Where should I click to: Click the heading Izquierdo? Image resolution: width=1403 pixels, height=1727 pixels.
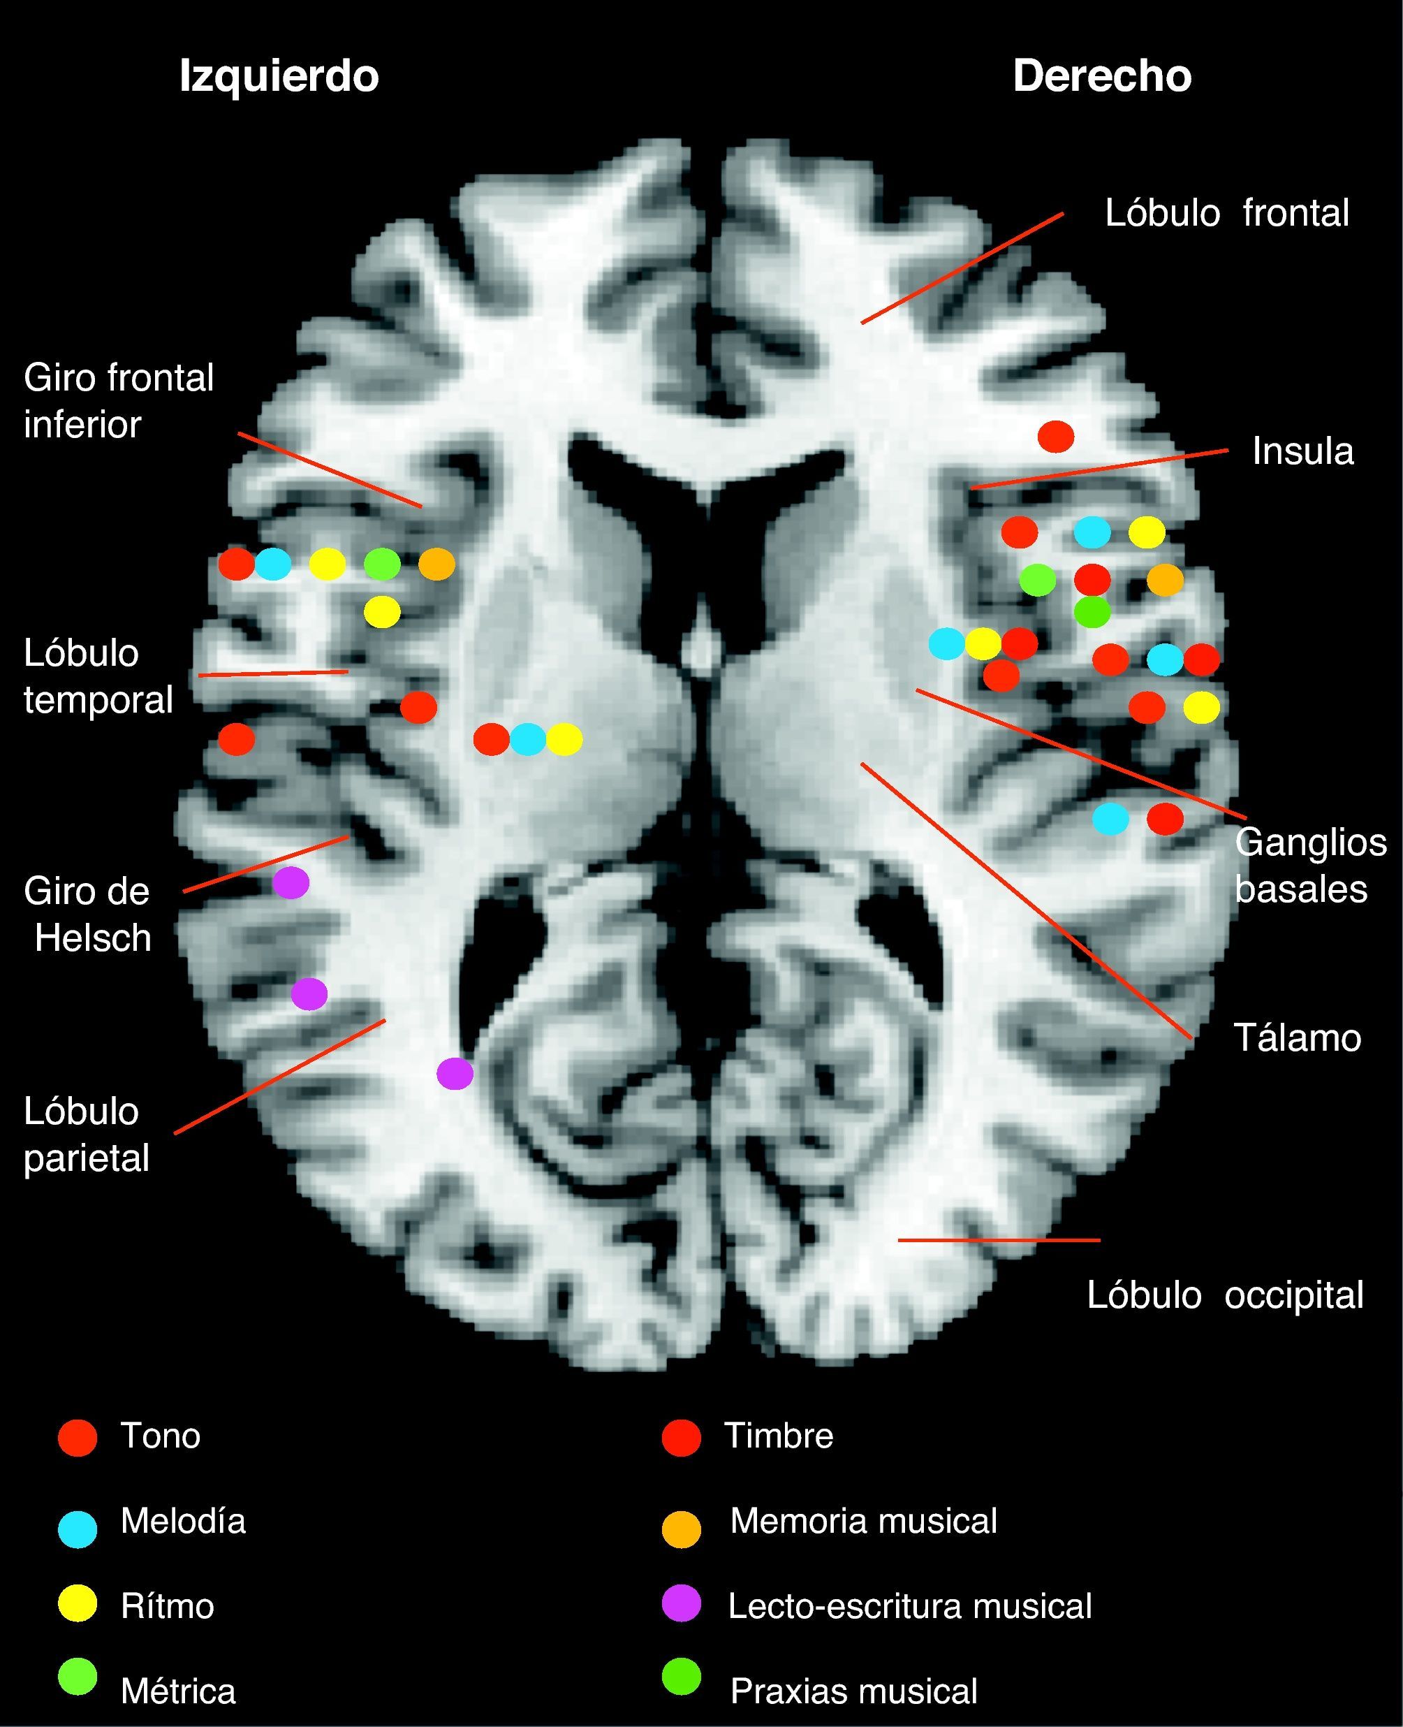pos(279,77)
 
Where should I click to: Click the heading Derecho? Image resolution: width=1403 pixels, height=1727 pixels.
pos(1101,77)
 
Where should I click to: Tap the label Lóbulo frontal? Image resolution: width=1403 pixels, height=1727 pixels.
pos(1226,214)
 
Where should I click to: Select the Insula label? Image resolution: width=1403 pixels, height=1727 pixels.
pos(1302,451)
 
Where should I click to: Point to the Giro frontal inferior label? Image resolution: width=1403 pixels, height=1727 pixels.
pos(118,401)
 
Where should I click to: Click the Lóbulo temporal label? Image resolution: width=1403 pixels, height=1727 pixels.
pos(98,676)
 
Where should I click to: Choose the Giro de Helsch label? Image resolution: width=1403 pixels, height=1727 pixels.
pos(87,914)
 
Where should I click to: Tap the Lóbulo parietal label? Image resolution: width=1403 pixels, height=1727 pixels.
pos(87,1135)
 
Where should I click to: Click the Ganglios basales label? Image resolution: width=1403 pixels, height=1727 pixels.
pos(1310,866)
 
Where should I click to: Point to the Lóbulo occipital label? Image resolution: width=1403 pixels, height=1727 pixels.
pos(1224,1295)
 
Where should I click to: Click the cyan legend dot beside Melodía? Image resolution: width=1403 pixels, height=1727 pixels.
pos(78,1529)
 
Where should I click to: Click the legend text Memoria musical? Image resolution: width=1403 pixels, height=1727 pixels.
pos(863,1521)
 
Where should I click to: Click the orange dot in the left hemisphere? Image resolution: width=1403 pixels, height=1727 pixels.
pos(436,564)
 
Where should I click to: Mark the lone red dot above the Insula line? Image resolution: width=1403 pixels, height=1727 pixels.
pos(1055,437)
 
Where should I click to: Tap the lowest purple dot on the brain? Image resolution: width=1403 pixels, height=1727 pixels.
pos(455,1074)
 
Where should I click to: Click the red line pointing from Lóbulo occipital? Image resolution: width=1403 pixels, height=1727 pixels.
pos(999,1239)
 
